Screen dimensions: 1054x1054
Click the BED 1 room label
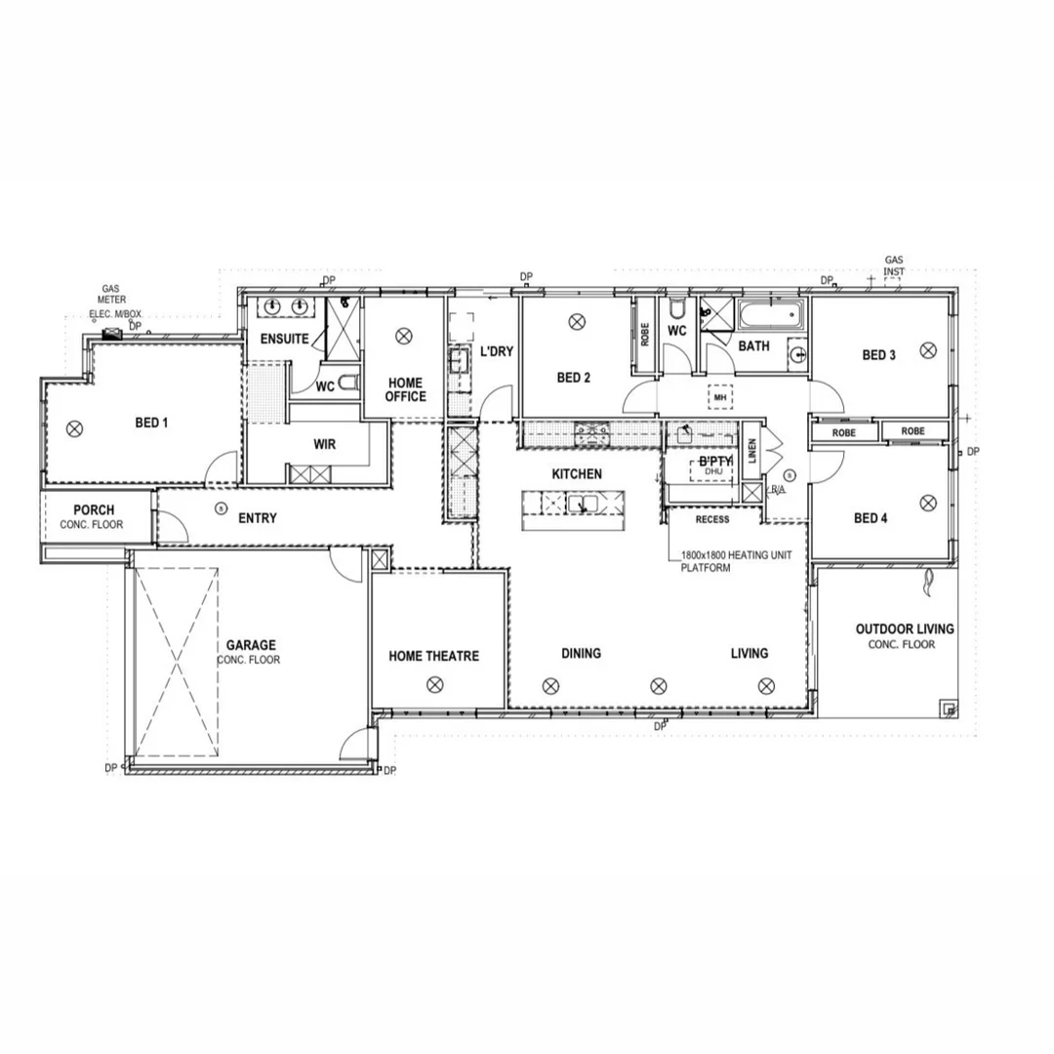pyautogui.click(x=151, y=423)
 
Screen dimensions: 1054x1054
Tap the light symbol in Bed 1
pyautogui.click(x=74, y=426)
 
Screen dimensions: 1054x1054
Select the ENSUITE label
pyautogui.click(x=284, y=340)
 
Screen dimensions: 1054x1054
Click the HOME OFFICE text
pyautogui.click(x=405, y=389)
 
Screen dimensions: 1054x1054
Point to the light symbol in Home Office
pyautogui.click(x=402, y=336)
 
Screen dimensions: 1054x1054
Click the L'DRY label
pyautogui.click(x=497, y=351)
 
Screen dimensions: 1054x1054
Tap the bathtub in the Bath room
pyautogui.click(x=771, y=315)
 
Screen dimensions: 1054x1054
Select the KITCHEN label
pyautogui.click(x=577, y=473)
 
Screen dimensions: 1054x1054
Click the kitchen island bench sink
pyautogui.click(x=583, y=504)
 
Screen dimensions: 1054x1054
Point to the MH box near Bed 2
pyautogui.click(x=720, y=397)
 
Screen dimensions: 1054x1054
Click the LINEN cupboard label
pyautogui.click(x=750, y=450)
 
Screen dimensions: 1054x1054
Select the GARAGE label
pyautogui.click(x=251, y=645)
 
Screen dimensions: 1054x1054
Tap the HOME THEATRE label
pyautogui.click(x=433, y=656)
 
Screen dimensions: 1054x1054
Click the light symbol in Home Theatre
pyautogui.click(x=433, y=685)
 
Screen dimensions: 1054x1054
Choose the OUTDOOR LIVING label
pyautogui.click(x=905, y=629)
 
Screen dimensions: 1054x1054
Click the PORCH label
pyautogui.click(x=94, y=509)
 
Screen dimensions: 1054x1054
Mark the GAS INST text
pyautogui.click(x=894, y=265)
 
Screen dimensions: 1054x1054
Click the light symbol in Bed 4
pyautogui.click(x=927, y=502)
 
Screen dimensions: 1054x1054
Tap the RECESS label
pyautogui.click(x=711, y=519)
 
